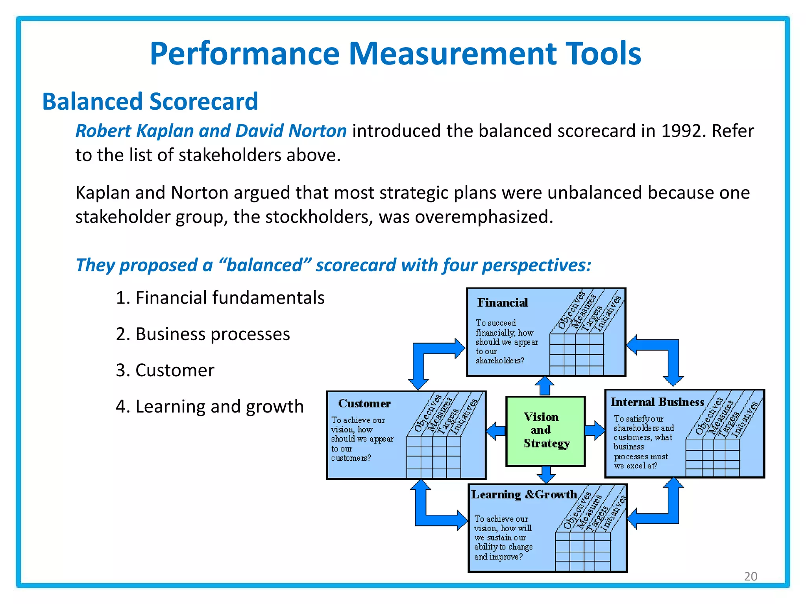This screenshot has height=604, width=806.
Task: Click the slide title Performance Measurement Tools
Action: coord(395,54)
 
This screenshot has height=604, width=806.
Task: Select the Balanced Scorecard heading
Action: coord(150,101)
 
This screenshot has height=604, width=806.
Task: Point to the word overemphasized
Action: coord(484,217)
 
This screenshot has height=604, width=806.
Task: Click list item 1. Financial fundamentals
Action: coord(220,298)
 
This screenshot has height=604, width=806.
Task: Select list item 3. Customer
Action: coord(165,370)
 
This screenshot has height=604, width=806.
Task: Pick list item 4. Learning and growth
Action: coord(210,407)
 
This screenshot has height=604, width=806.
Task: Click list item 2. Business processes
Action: coord(203,334)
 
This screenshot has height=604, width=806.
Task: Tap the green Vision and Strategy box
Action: coord(545,431)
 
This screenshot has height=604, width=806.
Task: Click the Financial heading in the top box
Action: coord(503,302)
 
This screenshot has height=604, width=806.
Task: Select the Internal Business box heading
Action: coord(657,402)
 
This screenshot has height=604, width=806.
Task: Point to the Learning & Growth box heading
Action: coord(524,494)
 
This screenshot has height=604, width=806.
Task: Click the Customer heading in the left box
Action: coord(364,403)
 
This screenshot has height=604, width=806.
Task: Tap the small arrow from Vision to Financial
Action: coord(545,386)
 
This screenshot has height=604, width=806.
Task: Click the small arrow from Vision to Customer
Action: coord(496,431)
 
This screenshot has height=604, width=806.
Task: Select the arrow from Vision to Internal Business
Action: coord(594,430)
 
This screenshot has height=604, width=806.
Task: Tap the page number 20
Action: coord(751,576)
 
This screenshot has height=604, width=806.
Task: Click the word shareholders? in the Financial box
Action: coord(499,361)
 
